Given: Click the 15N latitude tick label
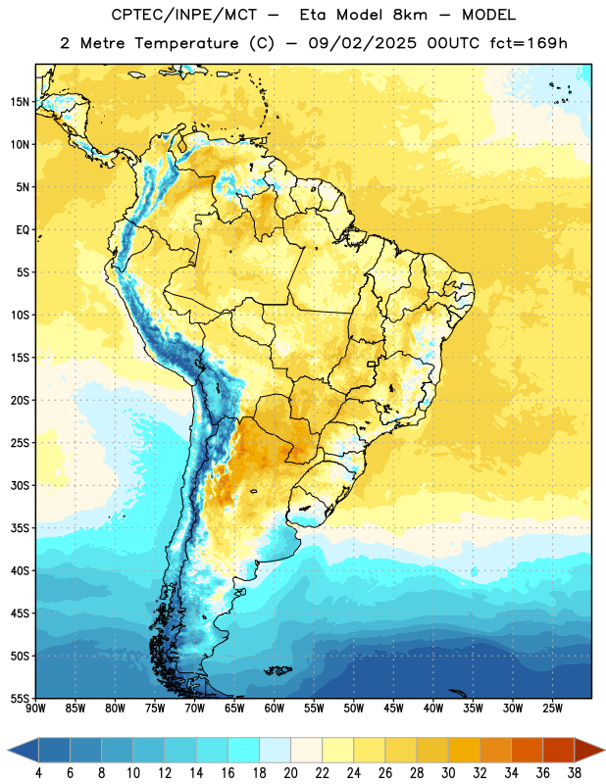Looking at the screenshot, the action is coord(20,102).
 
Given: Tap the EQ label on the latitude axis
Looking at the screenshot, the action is coord(23,230).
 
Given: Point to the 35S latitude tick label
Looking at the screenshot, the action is coord(20,528).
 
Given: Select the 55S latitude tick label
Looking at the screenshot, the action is coord(20,699).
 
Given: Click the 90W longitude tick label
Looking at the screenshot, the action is coord(35,709).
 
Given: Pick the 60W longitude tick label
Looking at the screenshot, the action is coord(275,709).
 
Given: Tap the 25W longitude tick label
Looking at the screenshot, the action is coord(552,709).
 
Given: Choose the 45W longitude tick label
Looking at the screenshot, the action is coord(393,709).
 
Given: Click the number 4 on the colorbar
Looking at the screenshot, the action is coord(38,773).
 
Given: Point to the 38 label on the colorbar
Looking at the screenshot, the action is coord(575,773).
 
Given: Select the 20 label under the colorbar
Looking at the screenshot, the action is coord(290,773).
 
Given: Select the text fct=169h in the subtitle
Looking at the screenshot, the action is coord(529,43).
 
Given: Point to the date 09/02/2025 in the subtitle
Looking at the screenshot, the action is coord(362,43).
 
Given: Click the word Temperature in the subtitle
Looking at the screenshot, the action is coord(186,44).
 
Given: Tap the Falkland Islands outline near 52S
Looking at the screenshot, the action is coord(278,670).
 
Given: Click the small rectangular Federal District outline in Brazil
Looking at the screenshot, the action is coord(372,364).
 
